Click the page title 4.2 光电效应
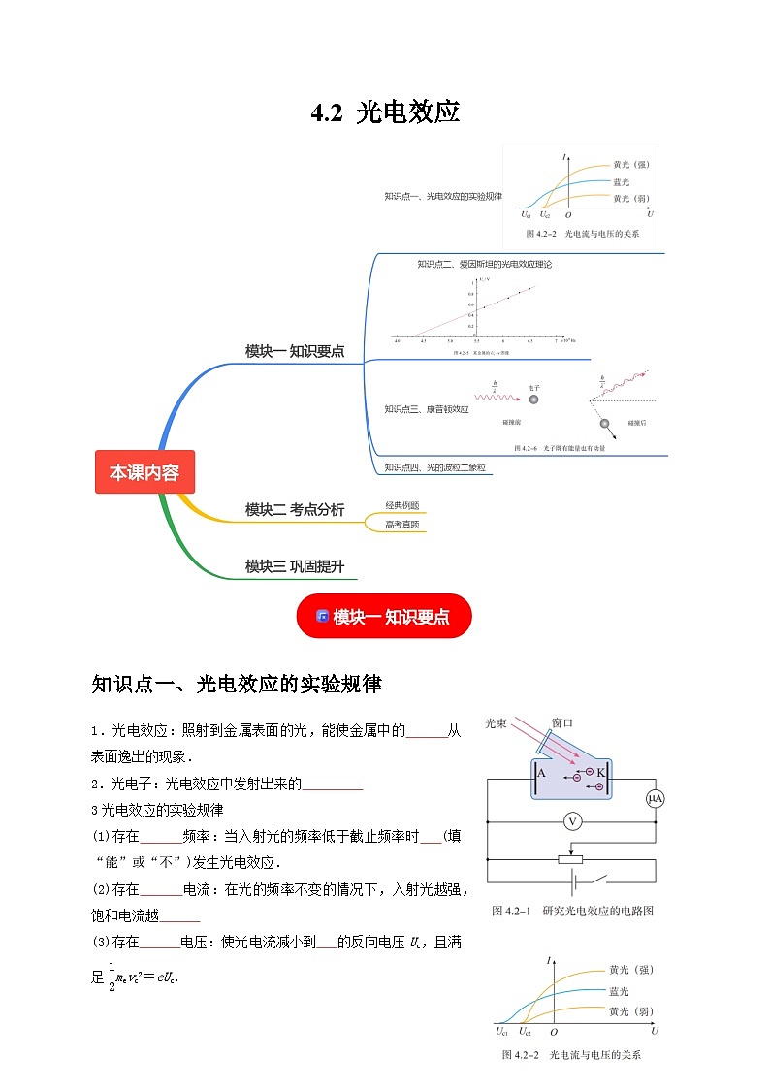tap(385, 112)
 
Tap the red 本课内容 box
tap(144, 472)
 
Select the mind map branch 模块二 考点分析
tap(294, 509)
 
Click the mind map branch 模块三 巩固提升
tap(294, 566)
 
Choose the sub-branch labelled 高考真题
tap(401, 525)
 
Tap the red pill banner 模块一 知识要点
tap(384, 617)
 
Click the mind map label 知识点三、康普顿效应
tap(426, 409)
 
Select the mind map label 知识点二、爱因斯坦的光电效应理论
tap(484, 264)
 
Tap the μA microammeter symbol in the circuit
tap(655, 798)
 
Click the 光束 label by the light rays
tap(498, 723)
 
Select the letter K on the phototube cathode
tap(600, 773)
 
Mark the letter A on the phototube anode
tap(541, 773)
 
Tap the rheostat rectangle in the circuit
tap(570, 858)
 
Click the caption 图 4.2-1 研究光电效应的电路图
tap(573, 912)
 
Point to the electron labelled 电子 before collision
tap(533, 400)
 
